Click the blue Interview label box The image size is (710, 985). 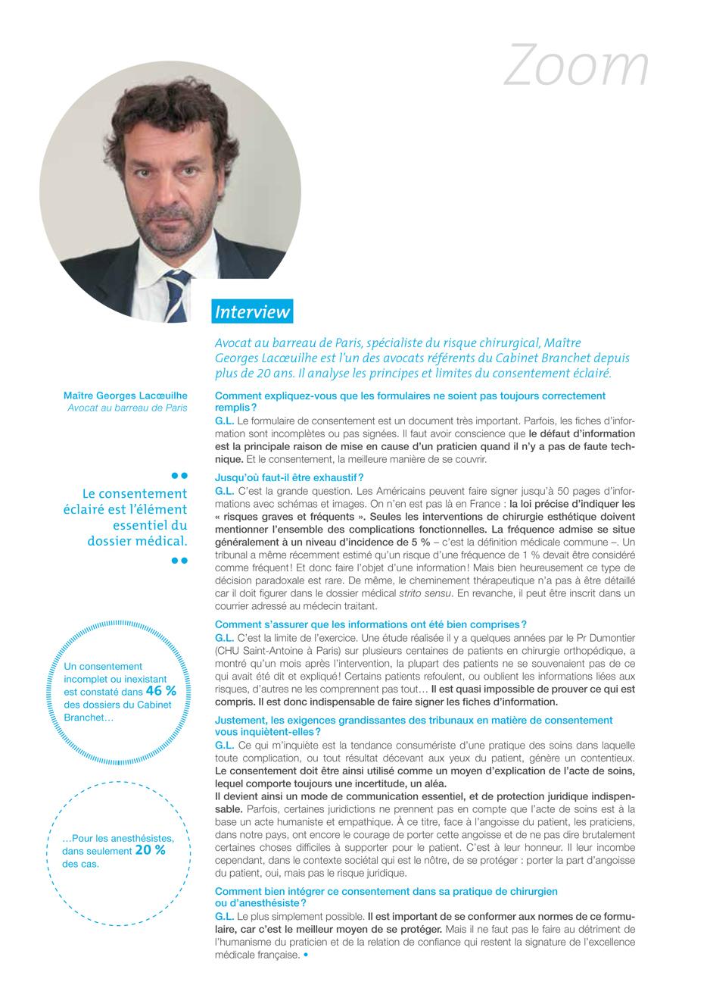point(253,311)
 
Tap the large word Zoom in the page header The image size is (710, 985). point(576,65)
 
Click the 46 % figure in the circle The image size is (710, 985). point(160,690)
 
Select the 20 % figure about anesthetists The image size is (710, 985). point(150,850)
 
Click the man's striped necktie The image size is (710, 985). point(177,289)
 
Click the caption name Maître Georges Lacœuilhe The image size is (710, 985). point(126,396)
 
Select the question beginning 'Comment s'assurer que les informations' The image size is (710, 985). point(371,624)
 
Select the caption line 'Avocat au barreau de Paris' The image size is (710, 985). point(127,408)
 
